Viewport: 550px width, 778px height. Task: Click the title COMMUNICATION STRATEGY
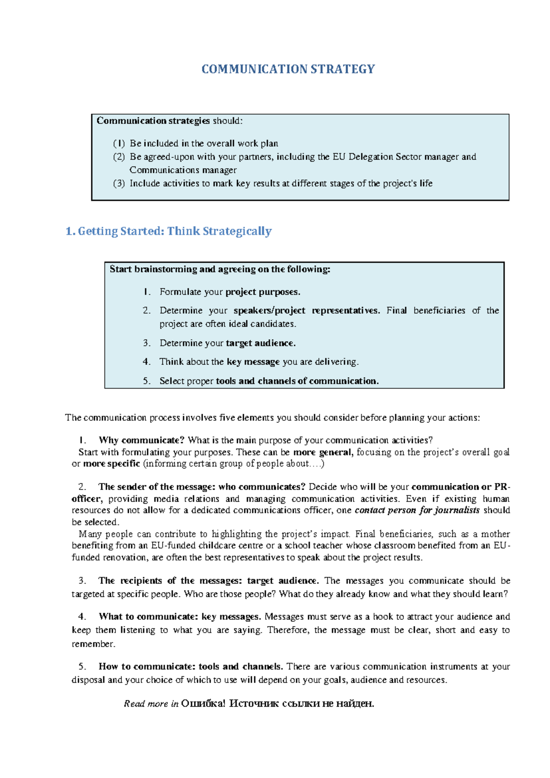(288, 69)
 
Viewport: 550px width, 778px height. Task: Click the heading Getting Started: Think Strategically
(174, 231)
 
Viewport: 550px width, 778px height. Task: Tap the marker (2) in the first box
(119, 157)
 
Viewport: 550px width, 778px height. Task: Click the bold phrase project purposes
(263, 292)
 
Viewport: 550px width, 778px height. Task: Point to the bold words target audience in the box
(260, 343)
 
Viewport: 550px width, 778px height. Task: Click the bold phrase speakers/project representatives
(306, 311)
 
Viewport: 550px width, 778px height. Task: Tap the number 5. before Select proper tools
(147, 381)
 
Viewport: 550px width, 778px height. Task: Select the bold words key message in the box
(253, 362)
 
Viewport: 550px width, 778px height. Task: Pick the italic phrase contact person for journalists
(417, 511)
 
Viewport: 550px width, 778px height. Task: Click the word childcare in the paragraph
(215, 546)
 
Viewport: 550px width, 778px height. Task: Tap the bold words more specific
(111, 464)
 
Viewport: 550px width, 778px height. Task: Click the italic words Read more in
(151, 704)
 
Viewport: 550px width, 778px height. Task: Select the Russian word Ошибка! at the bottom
(203, 704)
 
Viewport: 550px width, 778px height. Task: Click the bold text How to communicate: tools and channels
(191, 667)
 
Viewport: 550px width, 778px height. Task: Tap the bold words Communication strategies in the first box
(153, 121)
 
